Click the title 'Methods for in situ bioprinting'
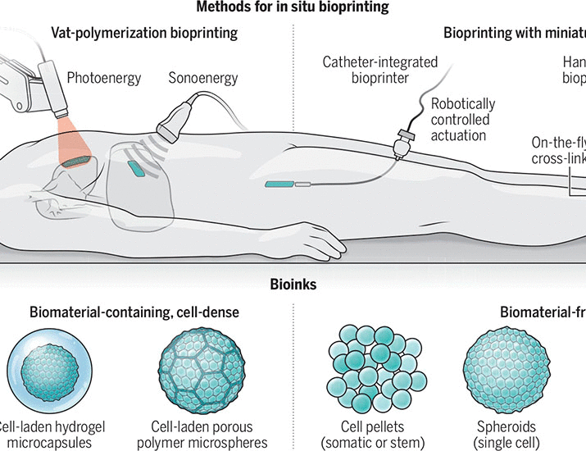click(293, 8)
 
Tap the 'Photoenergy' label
click(104, 79)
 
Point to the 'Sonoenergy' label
click(204, 79)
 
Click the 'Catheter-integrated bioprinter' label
click(381, 70)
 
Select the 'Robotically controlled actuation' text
click(463, 119)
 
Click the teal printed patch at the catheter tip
click(279, 184)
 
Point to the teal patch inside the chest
click(135, 167)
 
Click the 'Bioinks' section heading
click(293, 286)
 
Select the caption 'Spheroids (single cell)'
click(507, 435)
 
